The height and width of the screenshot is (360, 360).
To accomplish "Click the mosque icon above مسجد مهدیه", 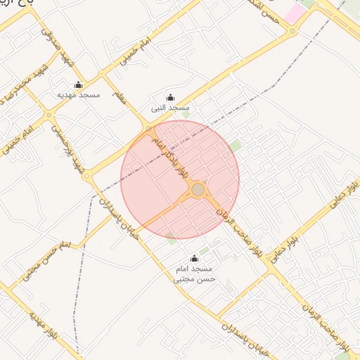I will pyautogui.click(x=78, y=85).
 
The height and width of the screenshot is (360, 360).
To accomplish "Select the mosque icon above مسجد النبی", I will pyautogui.click(x=170, y=98).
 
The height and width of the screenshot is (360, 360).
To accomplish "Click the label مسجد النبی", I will pyautogui.click(x=170, y=108).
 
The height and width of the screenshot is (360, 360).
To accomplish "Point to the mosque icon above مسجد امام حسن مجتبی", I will pyautogui.click(x=195, y=258).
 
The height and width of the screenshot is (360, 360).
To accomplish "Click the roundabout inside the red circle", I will pyautogui.click(x=198, y=190).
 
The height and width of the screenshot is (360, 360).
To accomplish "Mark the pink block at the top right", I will pyautogui.click(x=295, y=12).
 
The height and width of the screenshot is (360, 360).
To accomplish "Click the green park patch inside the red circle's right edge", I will pyautogui.click(x=235, y=146).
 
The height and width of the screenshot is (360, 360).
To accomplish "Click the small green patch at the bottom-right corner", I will pyautogui.click(x=342, y=355).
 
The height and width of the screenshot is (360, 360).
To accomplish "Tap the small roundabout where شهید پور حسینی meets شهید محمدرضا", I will pyautogui.click(x=49, y=114).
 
